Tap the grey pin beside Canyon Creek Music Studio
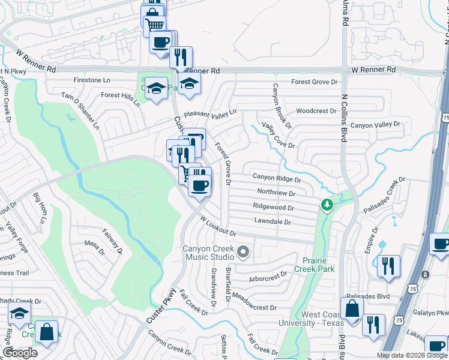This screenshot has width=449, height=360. pyautogui.click(x=243, y=252)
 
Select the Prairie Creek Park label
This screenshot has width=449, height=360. pyautogui.click(x=314, y=265)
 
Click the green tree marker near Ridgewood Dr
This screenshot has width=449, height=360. pyautogui.click(x=327, y=206)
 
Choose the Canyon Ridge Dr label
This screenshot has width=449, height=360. pyautogui.click(x=276, y=178)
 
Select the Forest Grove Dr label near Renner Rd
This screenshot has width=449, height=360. pyautogui.click(x=315, y=82)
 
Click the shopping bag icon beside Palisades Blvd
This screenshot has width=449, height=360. pyautogui.click(x=352, y=310)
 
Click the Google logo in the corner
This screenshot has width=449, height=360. pyautogui.click(x=20, y=353)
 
